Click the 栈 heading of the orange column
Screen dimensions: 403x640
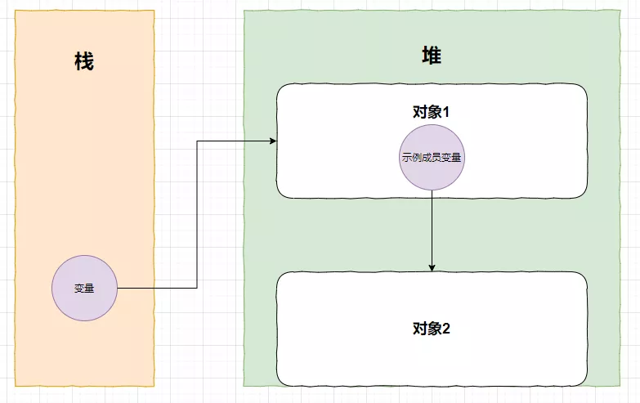tap(83, 61)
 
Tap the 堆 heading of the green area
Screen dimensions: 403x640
tap(432, 56)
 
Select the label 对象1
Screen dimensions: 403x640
tap(432, 113)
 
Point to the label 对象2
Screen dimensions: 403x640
tap(432, 329)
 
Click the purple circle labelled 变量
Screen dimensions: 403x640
tap(84, 288)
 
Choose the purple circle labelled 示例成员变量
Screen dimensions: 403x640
tap(432, 158)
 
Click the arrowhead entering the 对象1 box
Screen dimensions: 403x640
tap(272, 142)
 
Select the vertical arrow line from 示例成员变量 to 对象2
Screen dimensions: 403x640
tap(432, 229)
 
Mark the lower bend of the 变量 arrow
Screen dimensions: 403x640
tap(197, 288)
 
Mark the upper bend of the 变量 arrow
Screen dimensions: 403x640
tap(197, 142)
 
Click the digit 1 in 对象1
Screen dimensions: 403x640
tap(447, 113)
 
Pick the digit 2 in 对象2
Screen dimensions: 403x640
tap(447, 329)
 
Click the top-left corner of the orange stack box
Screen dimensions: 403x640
tap(16, 11)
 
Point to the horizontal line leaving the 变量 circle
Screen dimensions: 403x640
tap(155, 288)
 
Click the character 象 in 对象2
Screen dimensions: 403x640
tap(433, 329)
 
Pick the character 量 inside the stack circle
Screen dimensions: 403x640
tap(90, 288)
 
